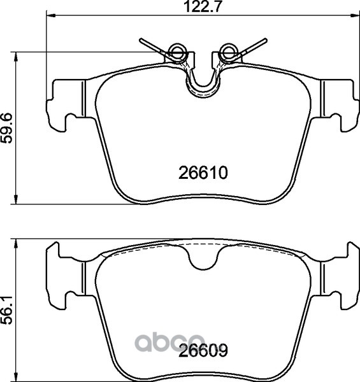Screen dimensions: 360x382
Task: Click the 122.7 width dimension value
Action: pos(203,7)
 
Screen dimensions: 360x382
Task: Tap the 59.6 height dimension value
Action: pos(7,128)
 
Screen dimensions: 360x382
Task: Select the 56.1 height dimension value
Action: pos(7,310)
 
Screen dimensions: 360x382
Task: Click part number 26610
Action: pos(203,173)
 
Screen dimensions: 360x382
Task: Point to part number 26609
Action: pos(203,351)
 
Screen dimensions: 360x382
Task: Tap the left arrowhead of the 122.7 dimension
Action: pos(51,15)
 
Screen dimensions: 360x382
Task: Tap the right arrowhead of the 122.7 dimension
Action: pos(355,15)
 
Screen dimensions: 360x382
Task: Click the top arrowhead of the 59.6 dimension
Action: pos(16,57)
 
